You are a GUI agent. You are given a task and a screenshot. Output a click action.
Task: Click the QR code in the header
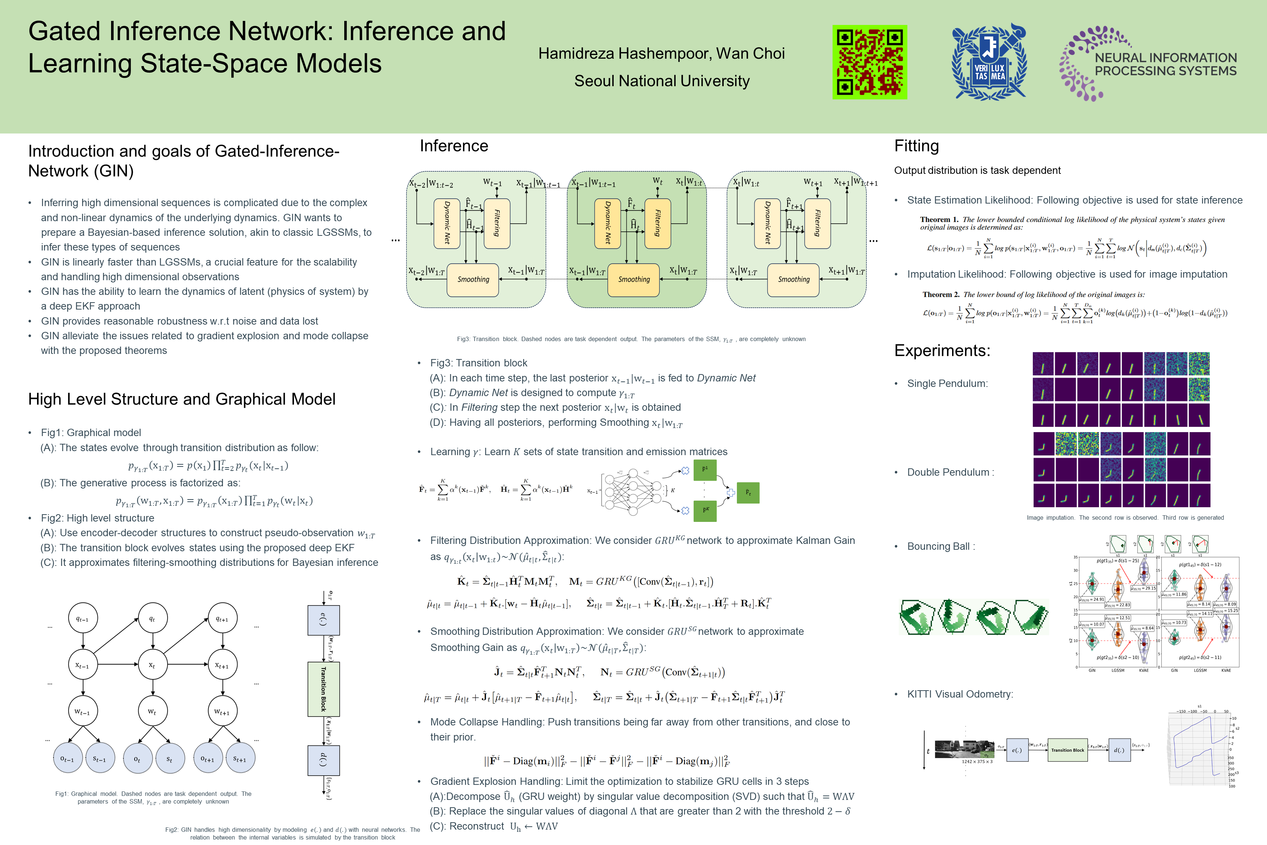[x=870, y=62]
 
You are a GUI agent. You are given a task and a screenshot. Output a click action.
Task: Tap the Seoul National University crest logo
[x=989, y=62]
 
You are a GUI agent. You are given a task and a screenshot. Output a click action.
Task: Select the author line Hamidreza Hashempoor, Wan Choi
[x=661, y=53]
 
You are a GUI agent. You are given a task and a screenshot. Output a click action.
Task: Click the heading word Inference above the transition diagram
[x=453, y=146]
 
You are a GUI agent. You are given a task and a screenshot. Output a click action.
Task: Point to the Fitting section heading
[x=916, y=146]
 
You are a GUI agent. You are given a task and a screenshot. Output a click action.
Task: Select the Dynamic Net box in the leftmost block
[x=447, y=223]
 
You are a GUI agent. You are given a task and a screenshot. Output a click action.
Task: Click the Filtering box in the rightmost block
[x=817, y=223]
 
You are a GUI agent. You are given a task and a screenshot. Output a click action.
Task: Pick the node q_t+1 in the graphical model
[x=222, y=619]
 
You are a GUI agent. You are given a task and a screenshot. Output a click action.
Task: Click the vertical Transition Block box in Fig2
[x=323, y=689]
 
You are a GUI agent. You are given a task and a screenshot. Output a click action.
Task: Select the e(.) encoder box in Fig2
[x=323, y=620]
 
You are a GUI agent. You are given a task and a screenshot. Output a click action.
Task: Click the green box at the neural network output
[x=748, y=493]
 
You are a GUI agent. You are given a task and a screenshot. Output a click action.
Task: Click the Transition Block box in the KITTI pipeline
[x=1067, y=750]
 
